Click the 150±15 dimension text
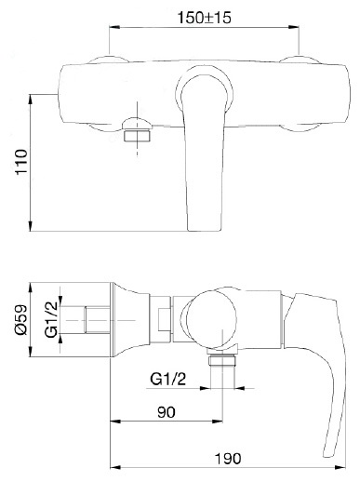204,18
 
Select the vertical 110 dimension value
22,162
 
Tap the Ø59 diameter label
21,320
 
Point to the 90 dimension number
167,412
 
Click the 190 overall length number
228,458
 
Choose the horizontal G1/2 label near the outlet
168,379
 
